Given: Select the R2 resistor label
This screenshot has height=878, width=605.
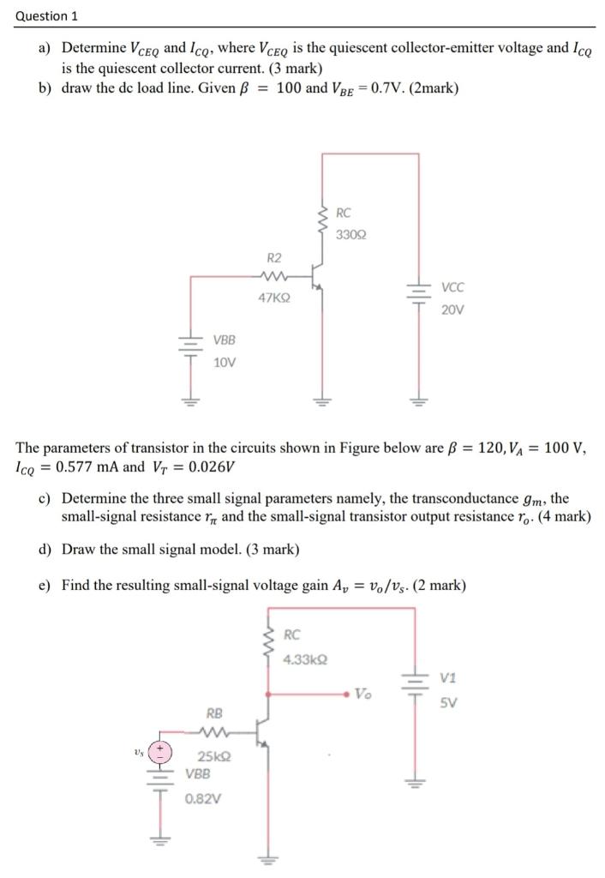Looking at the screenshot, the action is pyautogui.click(x=274, y=257).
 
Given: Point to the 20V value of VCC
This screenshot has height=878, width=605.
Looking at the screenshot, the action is pyautogui.click(x=453, y=310).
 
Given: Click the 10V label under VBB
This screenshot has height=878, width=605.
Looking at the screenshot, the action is pyautogui.click(x=224, y=362).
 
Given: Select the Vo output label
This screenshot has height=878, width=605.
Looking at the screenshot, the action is pyautogui.click(x=363, y=693).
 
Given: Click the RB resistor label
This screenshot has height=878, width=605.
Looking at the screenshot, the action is pyautogui.click(x=214, y=713).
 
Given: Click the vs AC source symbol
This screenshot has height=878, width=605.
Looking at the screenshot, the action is pyautogui.click(x=161, y=752).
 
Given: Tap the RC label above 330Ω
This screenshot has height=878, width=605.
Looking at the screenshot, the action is pyautogui.click(x=344, y=213).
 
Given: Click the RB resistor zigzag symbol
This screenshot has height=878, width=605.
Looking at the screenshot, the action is pyautogui.click(x=213, y=733).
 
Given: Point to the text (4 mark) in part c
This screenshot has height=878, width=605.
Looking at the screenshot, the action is pyautogui.click(x=562, y=516).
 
